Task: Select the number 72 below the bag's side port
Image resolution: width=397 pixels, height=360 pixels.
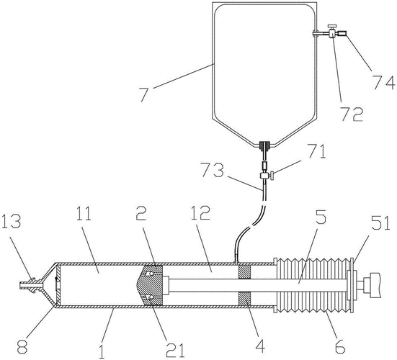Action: pos(352,112)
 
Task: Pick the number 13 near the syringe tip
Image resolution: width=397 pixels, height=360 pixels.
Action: pos(13,220)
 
